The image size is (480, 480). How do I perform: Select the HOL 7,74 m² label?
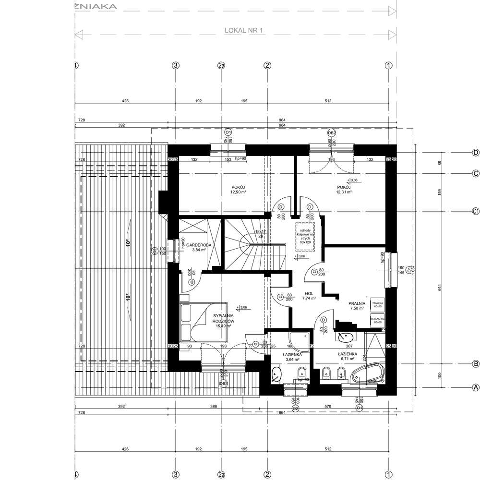pos(309,295)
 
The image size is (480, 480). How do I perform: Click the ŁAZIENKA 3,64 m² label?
pos(292,356)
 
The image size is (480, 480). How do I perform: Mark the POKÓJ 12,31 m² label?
pos(344,189)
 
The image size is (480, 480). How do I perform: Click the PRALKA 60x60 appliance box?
pos(377,304)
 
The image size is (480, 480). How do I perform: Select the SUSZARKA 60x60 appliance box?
pos(377,321)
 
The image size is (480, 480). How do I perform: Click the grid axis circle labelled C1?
pos(476,211)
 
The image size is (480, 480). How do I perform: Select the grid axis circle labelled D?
pos(476,153)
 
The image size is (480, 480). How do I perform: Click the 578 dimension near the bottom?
pos(327,406)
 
